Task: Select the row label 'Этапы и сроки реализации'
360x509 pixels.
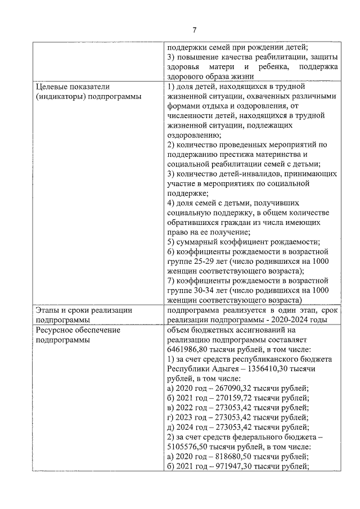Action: click(83, 310)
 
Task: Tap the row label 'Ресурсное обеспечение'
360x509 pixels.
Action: click(78, 330)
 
